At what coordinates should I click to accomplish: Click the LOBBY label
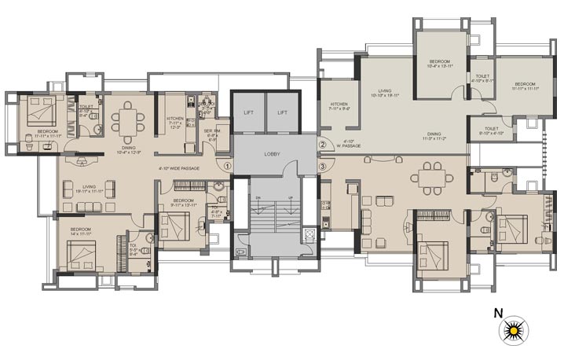(272, 153)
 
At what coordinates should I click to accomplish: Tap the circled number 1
(228, 166)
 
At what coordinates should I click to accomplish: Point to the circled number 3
(322, 166)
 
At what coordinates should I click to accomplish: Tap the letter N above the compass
(498, 313)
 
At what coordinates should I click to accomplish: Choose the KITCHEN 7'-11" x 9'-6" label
(339, 107)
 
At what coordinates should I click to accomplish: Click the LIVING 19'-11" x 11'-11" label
(89, 189)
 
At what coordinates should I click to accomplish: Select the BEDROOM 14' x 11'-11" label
(81, 231)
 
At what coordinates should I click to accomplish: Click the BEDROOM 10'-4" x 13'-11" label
(439, 64)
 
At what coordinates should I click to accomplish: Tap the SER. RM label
(211, 134)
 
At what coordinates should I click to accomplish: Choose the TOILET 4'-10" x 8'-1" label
(480, 78)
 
